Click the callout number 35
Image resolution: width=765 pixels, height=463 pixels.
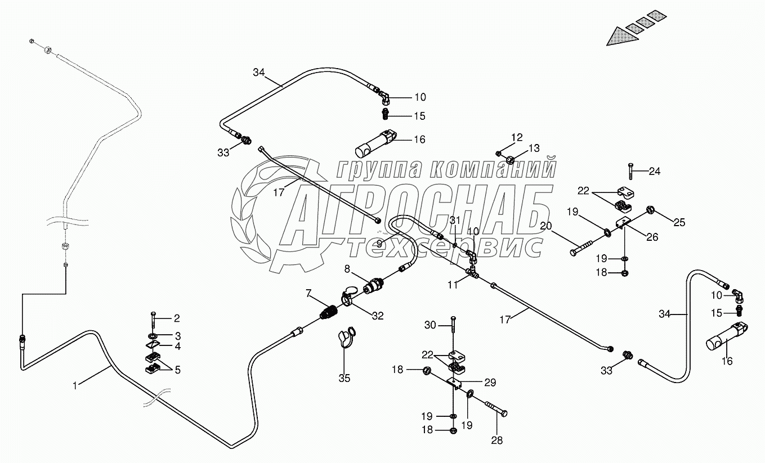tap(344, 378)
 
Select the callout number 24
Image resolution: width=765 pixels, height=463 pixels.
tap(655, 172)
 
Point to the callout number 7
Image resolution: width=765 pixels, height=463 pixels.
tap(308, 293)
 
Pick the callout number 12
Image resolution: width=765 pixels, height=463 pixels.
tap(517, 137)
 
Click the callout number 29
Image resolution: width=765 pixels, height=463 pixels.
tap(490, 383)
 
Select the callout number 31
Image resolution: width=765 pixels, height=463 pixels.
tap(455, 219)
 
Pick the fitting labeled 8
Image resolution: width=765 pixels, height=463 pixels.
tap(373, 285)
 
